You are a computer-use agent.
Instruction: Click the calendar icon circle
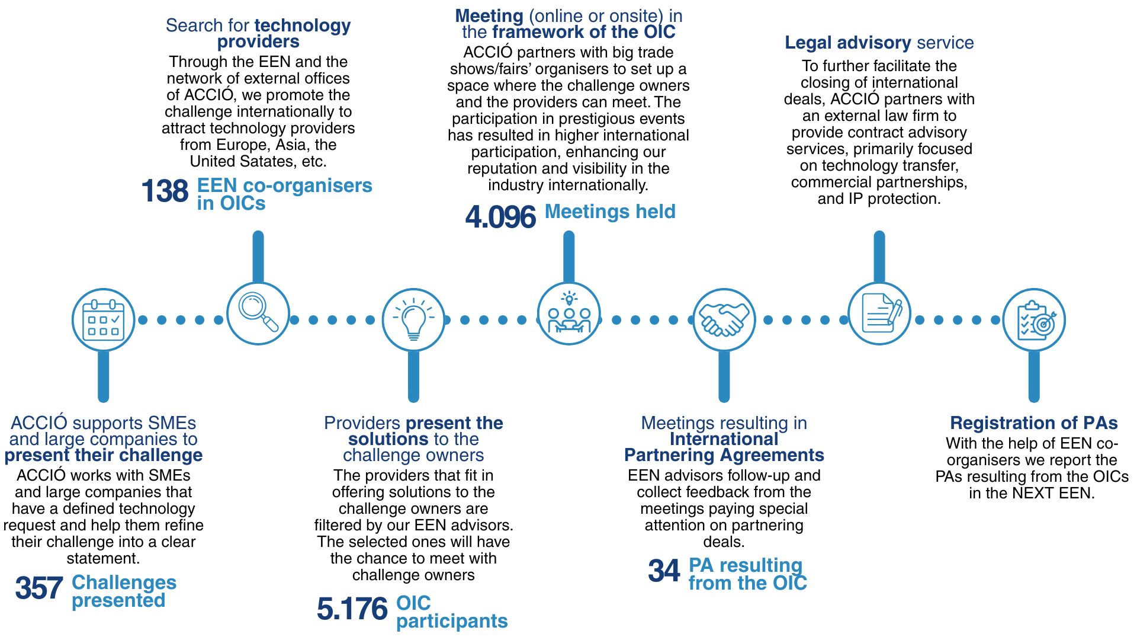[104, 320]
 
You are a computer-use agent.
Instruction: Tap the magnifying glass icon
[258, 312]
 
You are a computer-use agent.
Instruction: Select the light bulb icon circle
[413, 320]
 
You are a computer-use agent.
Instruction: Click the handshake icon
[724, 320]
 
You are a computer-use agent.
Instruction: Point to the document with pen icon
[879, 313]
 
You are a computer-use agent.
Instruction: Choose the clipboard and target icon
[1034, 320]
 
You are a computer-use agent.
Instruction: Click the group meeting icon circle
[568, 313]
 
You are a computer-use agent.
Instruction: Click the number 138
[165, 191]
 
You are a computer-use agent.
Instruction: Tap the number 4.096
[500, 217]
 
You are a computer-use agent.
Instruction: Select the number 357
[39, 588]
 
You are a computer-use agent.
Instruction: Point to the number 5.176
[352, 609]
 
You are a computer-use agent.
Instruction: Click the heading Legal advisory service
[879, 43]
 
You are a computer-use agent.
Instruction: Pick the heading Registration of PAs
[1033, 423]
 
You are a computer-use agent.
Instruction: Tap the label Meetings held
[610, 212]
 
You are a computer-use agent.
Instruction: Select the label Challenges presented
[124, 591]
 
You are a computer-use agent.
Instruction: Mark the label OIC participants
[451, 612]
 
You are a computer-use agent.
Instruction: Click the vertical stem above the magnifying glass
[258, 257]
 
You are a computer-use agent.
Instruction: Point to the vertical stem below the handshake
[724, 376]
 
